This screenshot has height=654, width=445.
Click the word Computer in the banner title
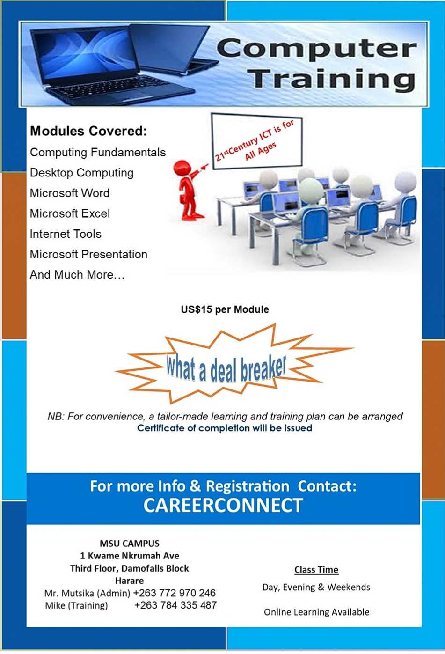pos(316,49)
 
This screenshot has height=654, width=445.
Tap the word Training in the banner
pos(331,79)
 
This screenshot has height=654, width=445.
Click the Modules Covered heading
pos(88,131)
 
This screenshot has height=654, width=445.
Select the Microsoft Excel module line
pos(70,213)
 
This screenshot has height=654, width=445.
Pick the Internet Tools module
pos(66,234)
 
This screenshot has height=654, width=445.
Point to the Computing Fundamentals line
pos(97,153)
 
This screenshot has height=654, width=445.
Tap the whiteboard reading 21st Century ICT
pos(256,140)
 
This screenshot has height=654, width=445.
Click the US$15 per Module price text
pos(225,309)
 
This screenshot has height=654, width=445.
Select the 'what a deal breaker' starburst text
pos(226,368)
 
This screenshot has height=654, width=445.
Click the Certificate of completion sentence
pos(225,428)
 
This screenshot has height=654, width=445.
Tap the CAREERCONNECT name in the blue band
pos(223,506)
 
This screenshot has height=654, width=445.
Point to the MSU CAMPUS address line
pos(129,544)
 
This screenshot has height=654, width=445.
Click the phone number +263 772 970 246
pos(174,593)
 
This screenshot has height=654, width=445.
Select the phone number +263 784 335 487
pos(175,605)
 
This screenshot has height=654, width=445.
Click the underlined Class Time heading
pos(316,570)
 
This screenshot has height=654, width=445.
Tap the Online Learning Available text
pos(316,612)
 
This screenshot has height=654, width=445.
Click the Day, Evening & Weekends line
pos(316,588)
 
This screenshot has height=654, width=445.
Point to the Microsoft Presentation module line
pos(88,255)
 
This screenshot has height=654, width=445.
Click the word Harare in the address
pos(129,581)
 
